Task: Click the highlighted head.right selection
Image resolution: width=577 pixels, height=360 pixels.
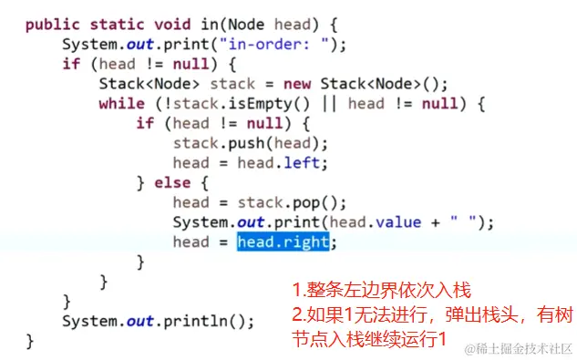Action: [283, 242]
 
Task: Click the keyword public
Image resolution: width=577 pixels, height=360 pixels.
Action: [52, 25]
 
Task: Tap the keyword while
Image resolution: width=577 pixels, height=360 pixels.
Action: [121, 104]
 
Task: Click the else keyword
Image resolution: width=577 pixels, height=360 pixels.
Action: [172, 183]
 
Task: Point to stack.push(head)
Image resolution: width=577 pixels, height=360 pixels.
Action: [249, 143]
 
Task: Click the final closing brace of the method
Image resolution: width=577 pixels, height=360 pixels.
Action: [30, 341]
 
